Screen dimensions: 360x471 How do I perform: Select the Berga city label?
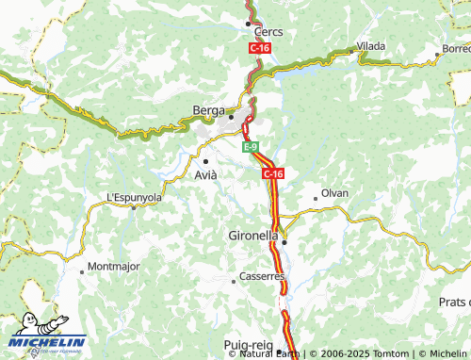coord(208,109)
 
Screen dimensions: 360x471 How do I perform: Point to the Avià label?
coord(205,175)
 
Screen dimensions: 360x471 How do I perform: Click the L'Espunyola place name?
coord(134,197)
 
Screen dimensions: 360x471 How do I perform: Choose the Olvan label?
coord(334,192)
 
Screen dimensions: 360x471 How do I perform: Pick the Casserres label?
coord(261,276)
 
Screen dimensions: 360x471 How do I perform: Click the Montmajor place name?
coord(113,267)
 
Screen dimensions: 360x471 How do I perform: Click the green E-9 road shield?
coord(250,148)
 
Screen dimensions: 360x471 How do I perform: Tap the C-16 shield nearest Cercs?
coord(260,47)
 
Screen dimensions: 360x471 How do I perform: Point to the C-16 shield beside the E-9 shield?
coord(273,173)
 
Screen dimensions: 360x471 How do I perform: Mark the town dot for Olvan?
coord(315,198)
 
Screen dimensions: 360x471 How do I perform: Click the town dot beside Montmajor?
coord(83,272)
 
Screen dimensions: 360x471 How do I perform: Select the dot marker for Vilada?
coord(352,51)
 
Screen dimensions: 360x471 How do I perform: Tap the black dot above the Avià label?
coord(205,161)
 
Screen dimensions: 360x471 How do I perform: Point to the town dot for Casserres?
coord(234,281)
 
